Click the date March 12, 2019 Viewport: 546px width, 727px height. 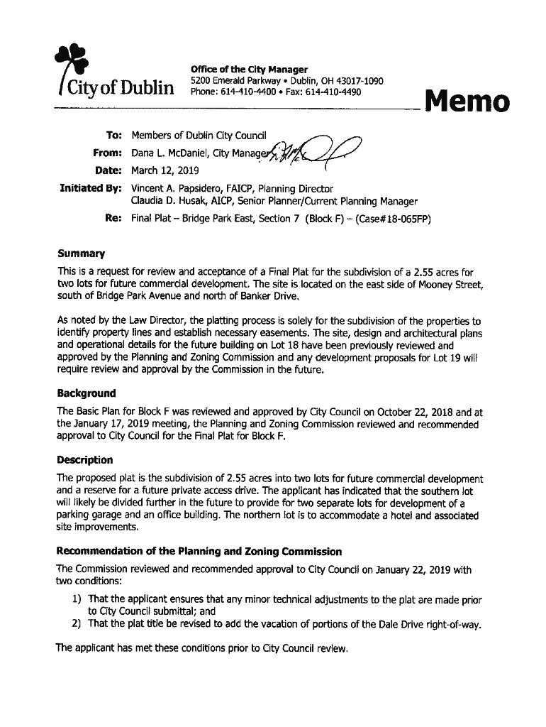click(165, 170)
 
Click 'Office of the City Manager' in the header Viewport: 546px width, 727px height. click(249, 70)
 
